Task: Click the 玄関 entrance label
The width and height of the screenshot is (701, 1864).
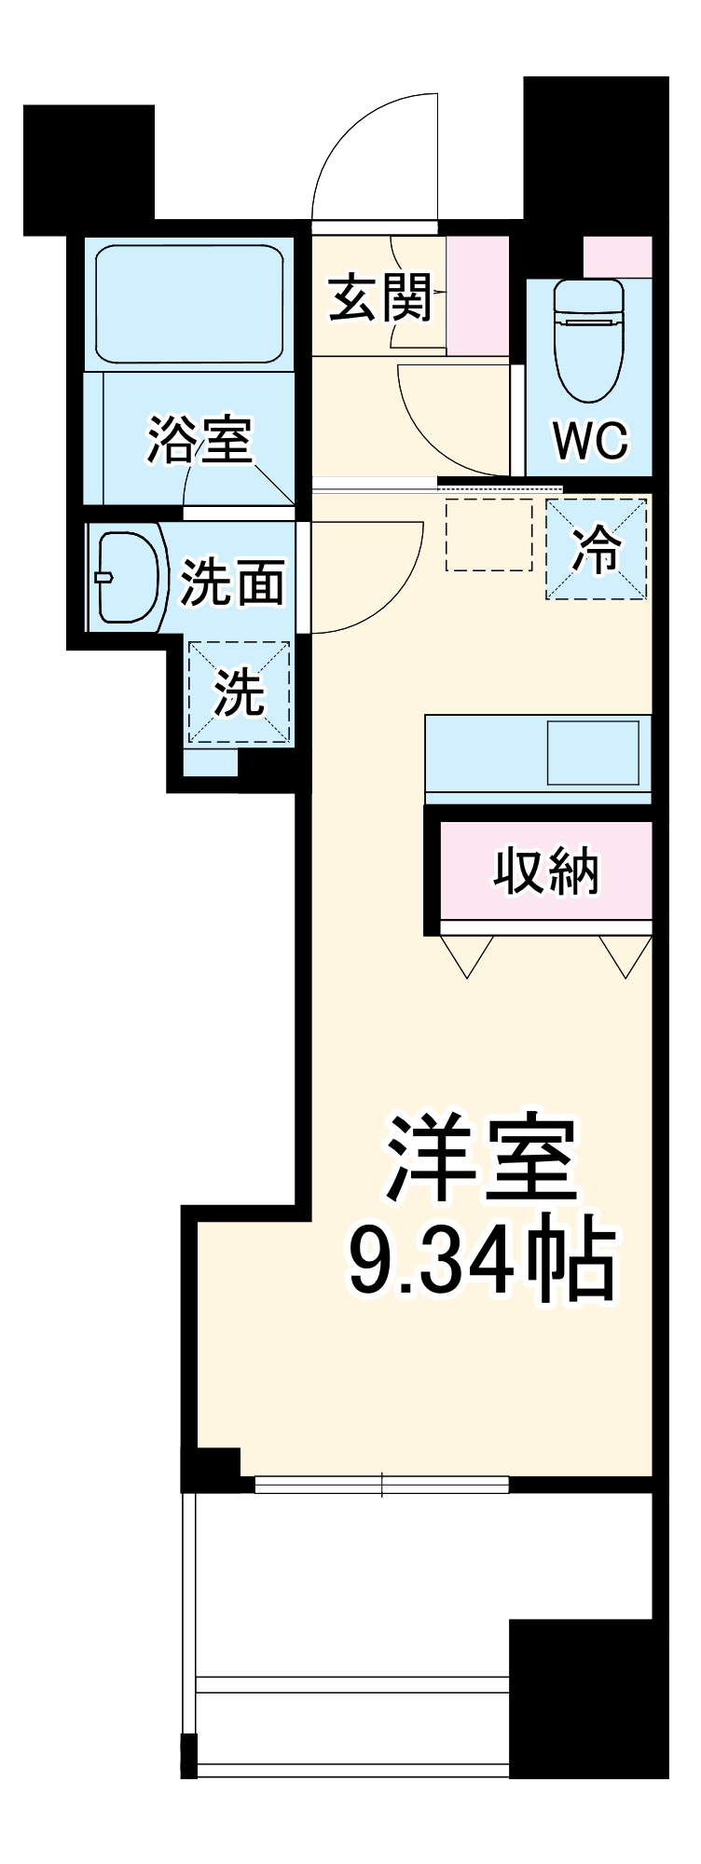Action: pyautogui.click(x=380, y=297)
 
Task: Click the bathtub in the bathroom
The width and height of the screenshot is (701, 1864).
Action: pyautogui.click(x=189, y=304)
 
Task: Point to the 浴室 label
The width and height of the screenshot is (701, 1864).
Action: pyautogui.click(x=200, y=439)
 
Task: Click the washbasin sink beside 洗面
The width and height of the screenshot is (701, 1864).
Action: pyautogui.click(x=128, y=577)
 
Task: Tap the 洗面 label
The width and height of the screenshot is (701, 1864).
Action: pyautogui.click(x=232, y=582)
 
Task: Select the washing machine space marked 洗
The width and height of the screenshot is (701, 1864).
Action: pyautogui.click(x=240, y=692)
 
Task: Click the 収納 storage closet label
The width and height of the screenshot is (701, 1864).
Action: pyautogui.click(x=545, y=871)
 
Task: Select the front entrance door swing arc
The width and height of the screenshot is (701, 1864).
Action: pyautogui.click(x=373, y=158)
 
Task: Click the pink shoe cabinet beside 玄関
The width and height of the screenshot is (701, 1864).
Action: pyautogui.click(x=477, y=295)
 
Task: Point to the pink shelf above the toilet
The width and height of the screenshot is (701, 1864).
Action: pyautogui.click(x=617, y=256)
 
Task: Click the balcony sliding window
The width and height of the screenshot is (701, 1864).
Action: pyautogui.click(x=382, y=1484)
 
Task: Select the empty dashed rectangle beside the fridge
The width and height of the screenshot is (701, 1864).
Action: pyautogui.click(x=488, y=535)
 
